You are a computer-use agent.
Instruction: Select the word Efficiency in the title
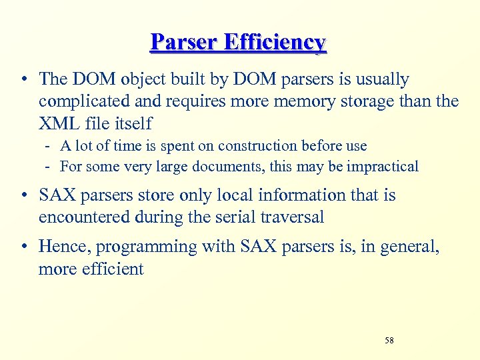pyautogui.click(x=275, y=42)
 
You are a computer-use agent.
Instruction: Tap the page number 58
pyautogui.click(x=389, y=341)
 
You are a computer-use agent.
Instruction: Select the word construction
pyautogui.click(x=257, y=145)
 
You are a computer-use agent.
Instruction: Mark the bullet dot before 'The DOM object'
pyautogui.click(x=24, y=80)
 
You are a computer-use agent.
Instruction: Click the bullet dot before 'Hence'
pyautogui.click(x=24, y=247)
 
